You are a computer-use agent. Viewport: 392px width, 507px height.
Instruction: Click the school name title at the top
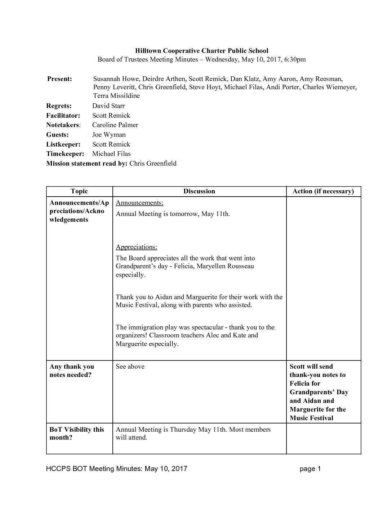[201, 51]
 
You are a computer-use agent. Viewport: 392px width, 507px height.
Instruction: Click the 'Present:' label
[59, 79]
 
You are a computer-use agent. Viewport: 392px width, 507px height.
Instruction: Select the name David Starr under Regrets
[108, 106]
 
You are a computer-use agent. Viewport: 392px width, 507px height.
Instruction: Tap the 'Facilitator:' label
[63, 116]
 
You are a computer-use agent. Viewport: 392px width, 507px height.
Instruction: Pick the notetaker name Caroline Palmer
[115, 125]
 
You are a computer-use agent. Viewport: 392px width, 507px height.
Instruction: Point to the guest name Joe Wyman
[109, 135]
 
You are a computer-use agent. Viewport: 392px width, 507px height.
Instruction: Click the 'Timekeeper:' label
[65, 154]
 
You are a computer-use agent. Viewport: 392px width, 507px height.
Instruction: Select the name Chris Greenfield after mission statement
[153, 163]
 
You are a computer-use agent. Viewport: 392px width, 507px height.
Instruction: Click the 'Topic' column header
[79, 191]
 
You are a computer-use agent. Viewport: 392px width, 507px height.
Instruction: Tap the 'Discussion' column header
[199, 191]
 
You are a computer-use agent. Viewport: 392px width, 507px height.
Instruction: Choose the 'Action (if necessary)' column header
[323, 191]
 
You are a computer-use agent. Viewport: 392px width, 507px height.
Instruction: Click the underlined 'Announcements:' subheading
[139, 203]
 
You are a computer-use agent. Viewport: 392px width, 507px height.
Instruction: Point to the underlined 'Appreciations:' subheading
[136, 247]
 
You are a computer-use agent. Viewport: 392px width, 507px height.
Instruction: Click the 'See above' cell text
[130, 367]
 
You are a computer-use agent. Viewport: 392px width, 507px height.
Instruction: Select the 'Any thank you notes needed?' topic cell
[72, 371]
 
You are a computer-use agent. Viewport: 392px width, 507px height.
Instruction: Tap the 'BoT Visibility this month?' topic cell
[77, 434]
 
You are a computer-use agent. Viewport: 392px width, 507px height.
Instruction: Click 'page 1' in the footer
[310, 468]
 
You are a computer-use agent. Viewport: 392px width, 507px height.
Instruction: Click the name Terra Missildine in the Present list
[116, 96]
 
